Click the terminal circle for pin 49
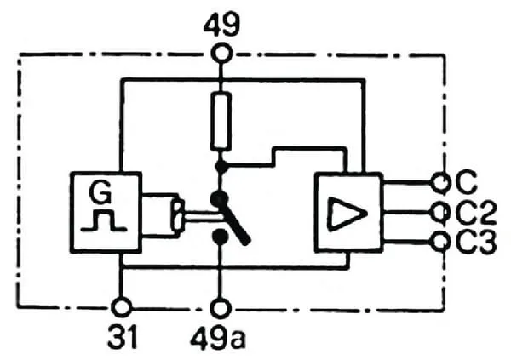(x=221, y=54)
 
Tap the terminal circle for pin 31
(x=122, y=307)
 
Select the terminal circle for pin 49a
(x=221, y=309)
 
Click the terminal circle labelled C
(x=441, y=183)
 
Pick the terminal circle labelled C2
(x=440, y=213)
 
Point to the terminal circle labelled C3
(x=440, y=242)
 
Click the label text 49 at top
(x=221, y=25)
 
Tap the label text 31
(x=123, y=336)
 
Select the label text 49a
(x=218, y=338)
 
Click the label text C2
(x=475, y=213)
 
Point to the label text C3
(x=475, y=243)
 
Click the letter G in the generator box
(x=100, y=192)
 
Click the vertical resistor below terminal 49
(x=221, y=122)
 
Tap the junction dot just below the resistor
(x=222, y=167)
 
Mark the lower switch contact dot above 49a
(x=220, y=237)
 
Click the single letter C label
(x=467, y=183)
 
